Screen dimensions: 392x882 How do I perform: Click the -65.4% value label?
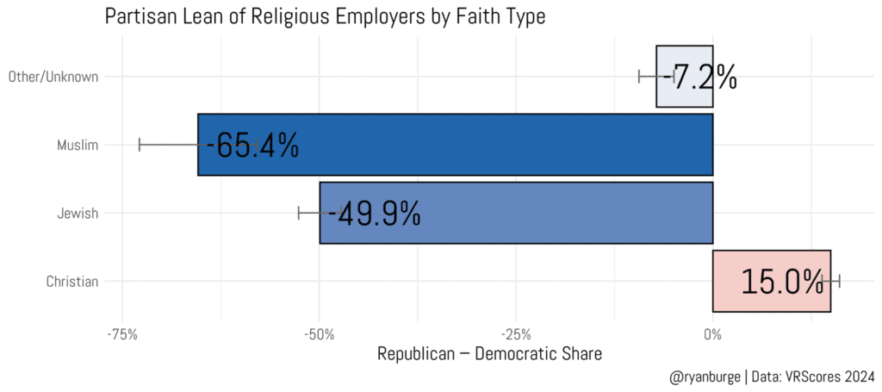252,146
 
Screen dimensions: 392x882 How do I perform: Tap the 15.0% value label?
782,282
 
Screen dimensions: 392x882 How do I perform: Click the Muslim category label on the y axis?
77,145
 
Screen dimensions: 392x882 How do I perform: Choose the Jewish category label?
78,213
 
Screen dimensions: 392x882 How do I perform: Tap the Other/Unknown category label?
53,77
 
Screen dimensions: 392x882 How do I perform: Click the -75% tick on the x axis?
123,333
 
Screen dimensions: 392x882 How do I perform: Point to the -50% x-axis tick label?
320,333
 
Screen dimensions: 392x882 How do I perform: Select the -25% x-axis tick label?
516,333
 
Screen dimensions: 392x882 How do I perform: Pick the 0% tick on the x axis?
712,333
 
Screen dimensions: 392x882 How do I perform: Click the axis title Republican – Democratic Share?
489,354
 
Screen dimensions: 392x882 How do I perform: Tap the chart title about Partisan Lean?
325,16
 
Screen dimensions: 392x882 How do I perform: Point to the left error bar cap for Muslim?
140,145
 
